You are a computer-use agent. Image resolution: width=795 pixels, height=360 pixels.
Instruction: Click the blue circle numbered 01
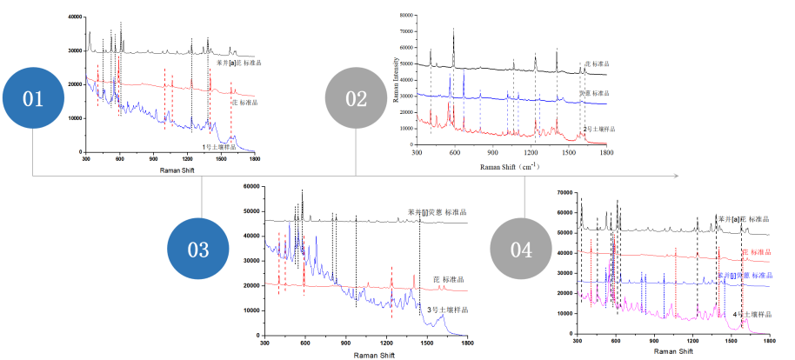33,98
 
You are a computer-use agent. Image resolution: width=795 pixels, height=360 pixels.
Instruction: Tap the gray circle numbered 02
357,98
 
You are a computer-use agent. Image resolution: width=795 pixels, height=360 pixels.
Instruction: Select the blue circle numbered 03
198,250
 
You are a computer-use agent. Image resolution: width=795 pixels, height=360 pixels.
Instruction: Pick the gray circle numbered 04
522,250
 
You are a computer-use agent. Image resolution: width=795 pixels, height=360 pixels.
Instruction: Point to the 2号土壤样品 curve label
598,129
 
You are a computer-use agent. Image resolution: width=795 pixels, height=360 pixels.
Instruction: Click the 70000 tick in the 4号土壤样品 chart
563,191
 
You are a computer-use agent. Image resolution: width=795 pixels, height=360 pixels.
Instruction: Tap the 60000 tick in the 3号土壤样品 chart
252,186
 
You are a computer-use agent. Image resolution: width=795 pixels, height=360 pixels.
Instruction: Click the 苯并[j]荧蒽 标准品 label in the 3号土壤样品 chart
437,212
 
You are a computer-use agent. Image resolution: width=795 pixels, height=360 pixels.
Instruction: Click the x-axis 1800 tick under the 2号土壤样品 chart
606,153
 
